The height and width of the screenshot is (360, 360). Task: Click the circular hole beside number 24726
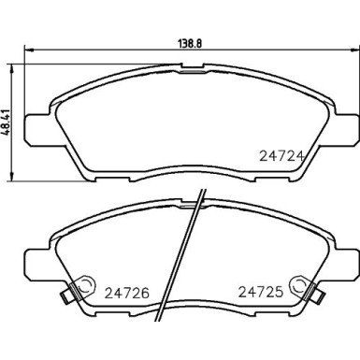coord(85,281)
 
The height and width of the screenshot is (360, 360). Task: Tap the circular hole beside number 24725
coord(298,281)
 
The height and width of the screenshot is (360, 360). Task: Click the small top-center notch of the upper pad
coord(191,67)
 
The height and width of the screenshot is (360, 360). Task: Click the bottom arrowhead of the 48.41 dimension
coord(10,180)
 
